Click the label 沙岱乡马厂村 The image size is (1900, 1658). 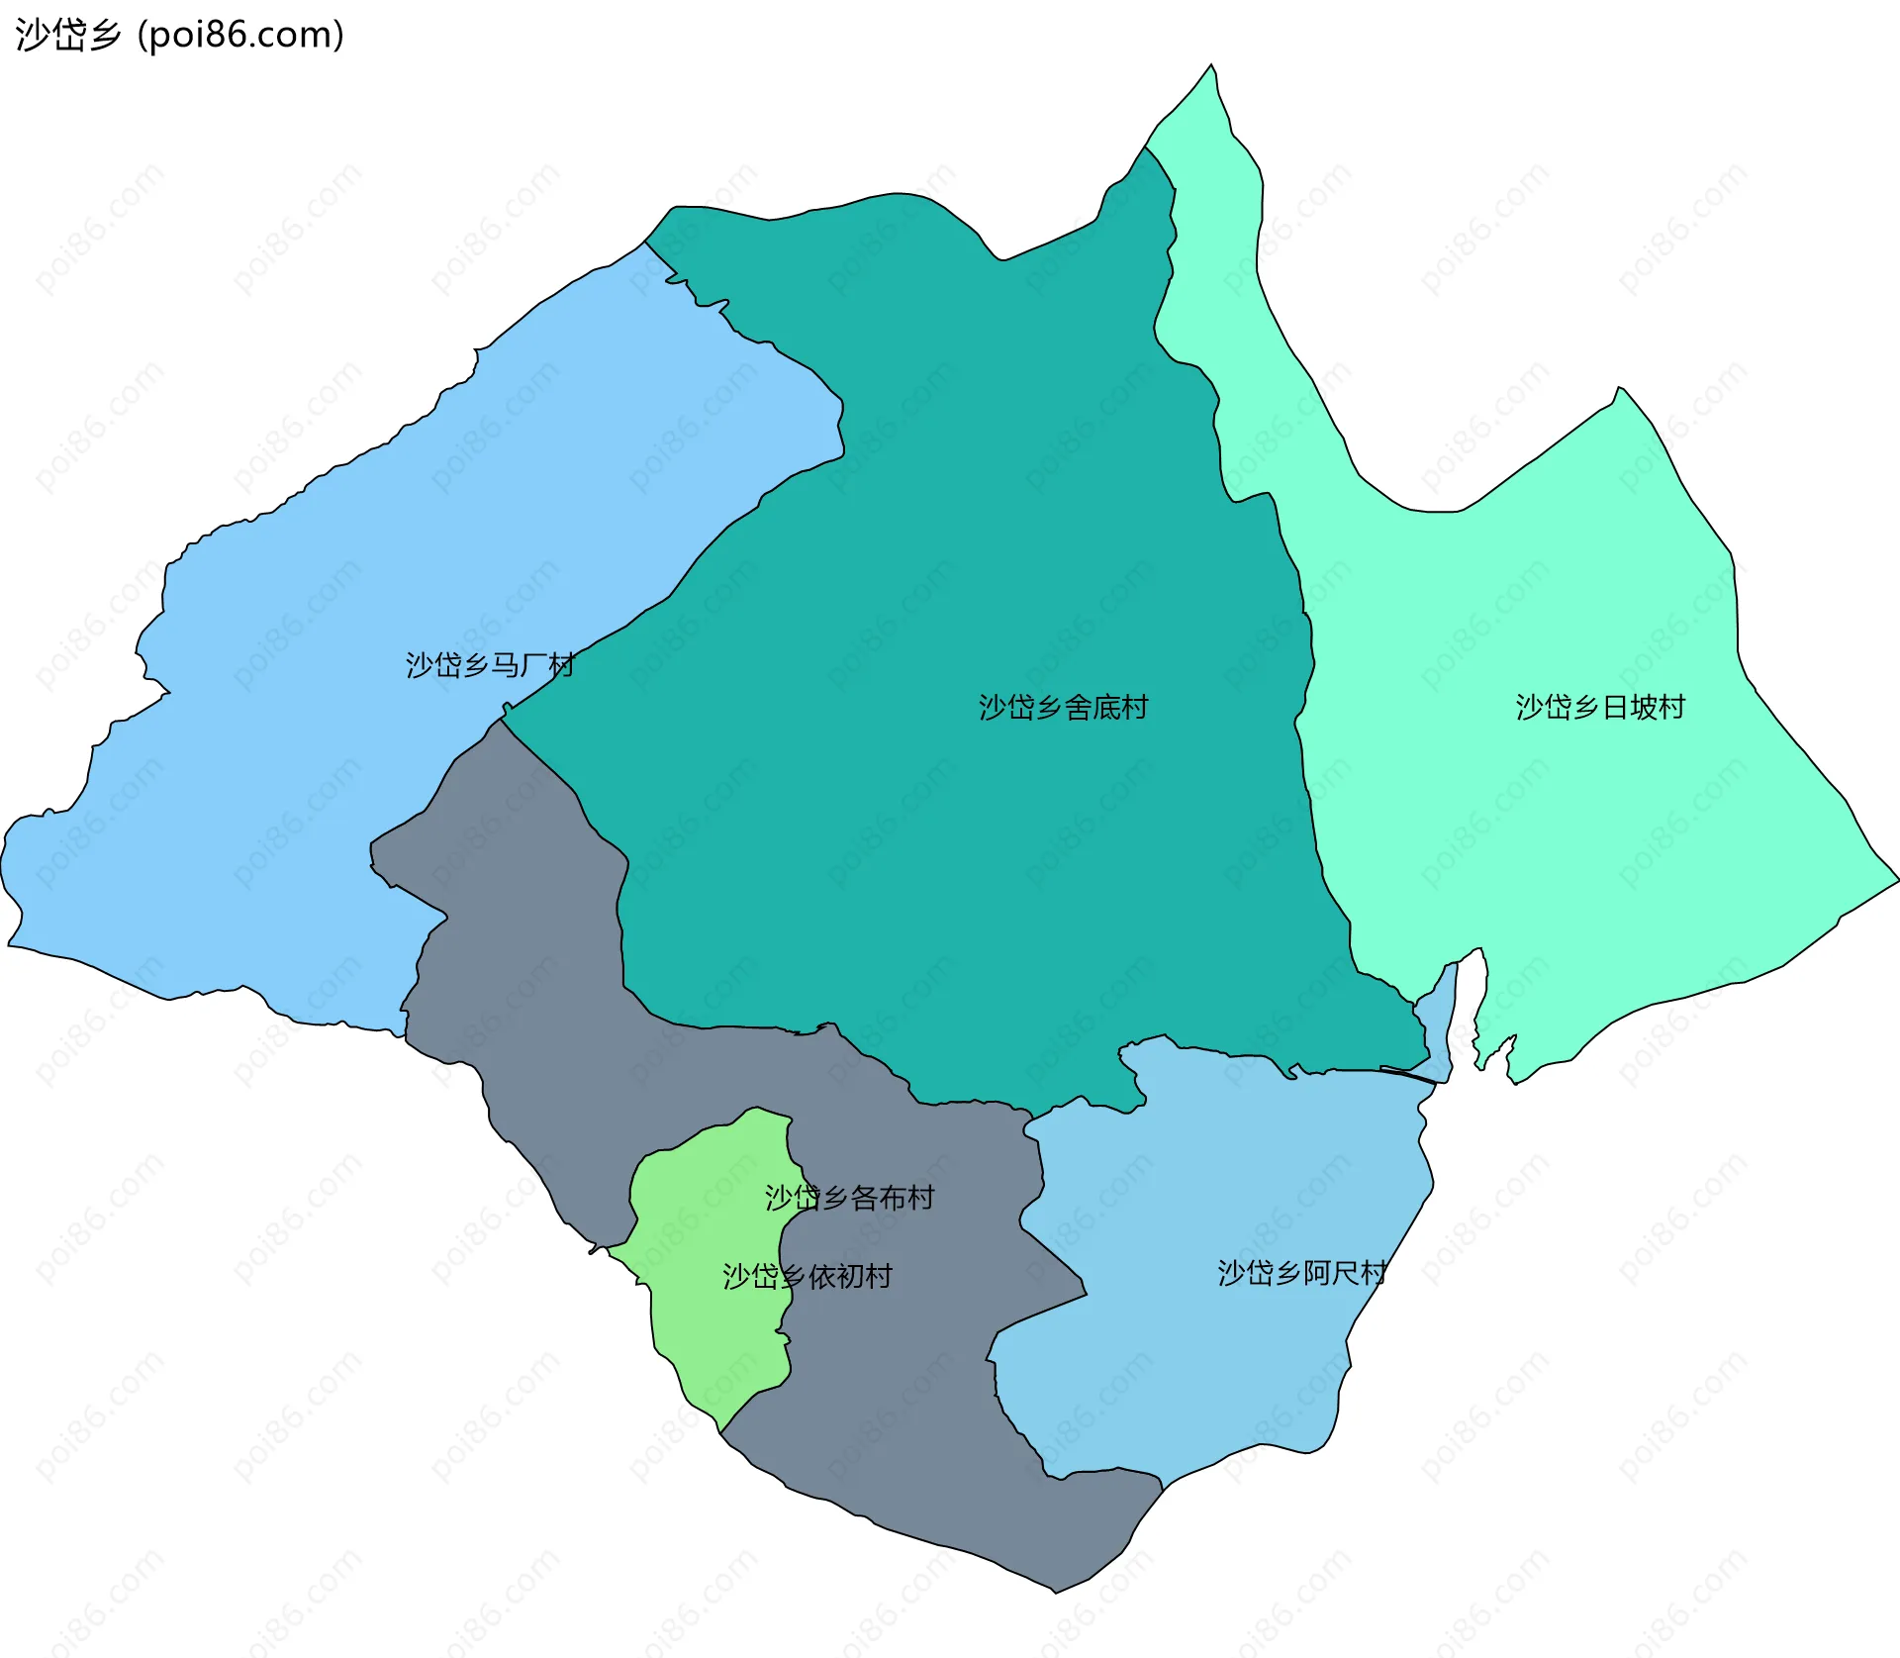(x=490, y=665)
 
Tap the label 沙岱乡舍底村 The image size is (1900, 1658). (x=1063, y=708)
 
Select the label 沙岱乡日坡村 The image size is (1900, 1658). (x=1600, y=708)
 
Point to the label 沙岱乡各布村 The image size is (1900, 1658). (x=849, y=1198)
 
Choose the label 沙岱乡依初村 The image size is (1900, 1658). (x=807, y=1277)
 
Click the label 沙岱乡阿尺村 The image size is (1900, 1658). (x=1301, y=1273)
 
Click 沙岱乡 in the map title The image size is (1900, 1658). (x=68, y=35)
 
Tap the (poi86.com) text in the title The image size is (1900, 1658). (x=240, y=35)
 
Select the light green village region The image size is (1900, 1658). (x=712, y=1326)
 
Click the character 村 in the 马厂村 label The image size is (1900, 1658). (x=561, y=665)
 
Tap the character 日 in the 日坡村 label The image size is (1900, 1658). (x=1615, y=708)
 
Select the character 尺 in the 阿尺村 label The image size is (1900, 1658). (x=1344, y=1273)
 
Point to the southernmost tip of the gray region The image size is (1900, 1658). (x=1056, y=1589)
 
